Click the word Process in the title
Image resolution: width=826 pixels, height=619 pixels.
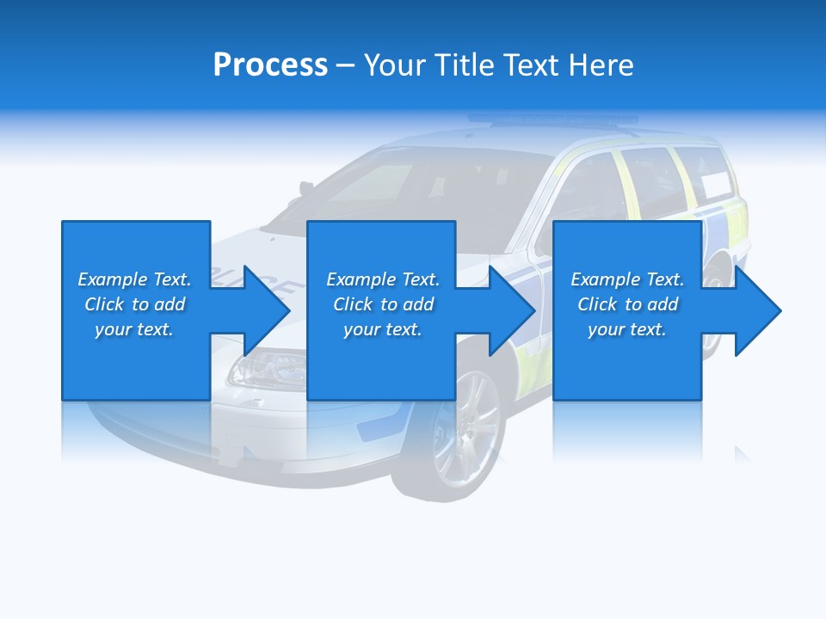[x=270, y=65]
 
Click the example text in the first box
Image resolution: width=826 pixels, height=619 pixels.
[x=134, y=304]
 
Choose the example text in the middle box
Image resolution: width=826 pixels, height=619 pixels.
[x=382, y=304]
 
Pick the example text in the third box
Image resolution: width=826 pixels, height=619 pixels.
[x=627, y=304]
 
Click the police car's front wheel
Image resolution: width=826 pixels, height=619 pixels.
[x=465, y=430]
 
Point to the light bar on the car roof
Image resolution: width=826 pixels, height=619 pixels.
[x=551, y=120]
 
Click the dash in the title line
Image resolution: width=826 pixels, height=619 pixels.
[x=346, y=65]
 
